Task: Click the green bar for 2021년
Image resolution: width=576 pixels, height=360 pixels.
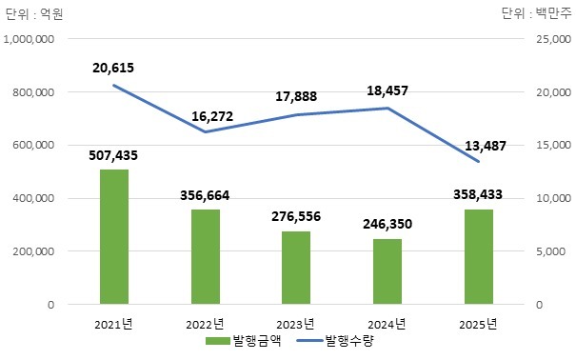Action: point(114,237)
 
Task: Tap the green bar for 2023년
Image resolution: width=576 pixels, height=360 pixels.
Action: point(296,268)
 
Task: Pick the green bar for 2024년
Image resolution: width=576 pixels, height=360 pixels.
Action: point(387,271)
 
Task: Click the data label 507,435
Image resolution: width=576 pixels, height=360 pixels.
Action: point(114,157)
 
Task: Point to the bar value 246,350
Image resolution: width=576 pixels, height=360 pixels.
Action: point(387,227)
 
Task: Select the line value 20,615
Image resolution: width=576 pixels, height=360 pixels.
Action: point(114,67)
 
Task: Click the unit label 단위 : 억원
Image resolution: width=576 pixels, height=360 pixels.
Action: point(33,12)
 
